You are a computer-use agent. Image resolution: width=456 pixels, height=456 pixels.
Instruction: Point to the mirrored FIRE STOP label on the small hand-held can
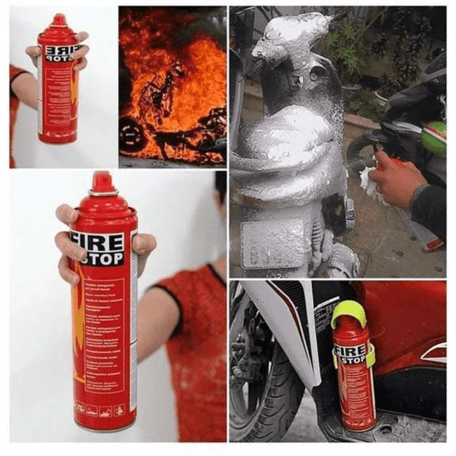coord(61,54)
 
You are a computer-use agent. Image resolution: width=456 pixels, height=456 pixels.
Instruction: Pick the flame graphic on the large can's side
coord(79,320)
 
